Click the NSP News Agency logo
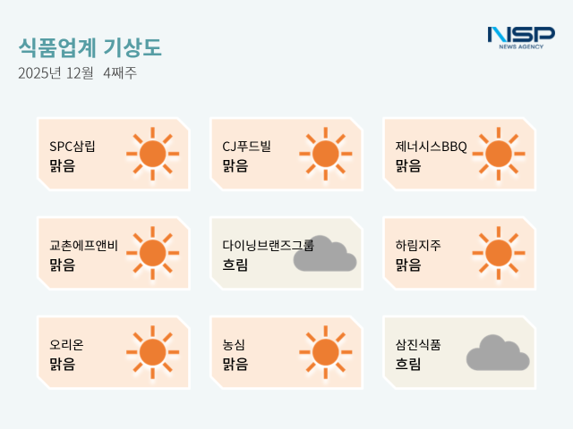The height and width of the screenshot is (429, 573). [x=520, y=37]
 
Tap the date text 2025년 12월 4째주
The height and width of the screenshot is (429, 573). [x=77, y=73]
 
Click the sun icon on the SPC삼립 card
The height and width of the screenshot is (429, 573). [x=153, y=155]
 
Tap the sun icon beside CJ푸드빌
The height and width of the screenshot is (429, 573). [x=326, y=155]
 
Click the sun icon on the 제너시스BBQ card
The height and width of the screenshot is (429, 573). [x=499, y=155]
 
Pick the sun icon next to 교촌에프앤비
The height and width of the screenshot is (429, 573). [x=153, y=253]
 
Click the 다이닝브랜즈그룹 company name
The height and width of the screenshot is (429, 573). [x=268, y=245]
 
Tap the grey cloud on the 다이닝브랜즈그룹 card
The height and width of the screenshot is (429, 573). [x=325, y=255]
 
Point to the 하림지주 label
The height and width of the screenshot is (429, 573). [x=417, y=245]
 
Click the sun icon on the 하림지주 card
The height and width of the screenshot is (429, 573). [x=499, y=253]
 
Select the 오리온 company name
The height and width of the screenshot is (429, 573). [x=66, y=344]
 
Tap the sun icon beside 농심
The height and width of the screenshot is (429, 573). [x=326, y=352]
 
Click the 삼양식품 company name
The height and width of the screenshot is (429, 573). [x=417, y=344]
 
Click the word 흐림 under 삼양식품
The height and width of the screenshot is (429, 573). [x=408, y=364]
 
